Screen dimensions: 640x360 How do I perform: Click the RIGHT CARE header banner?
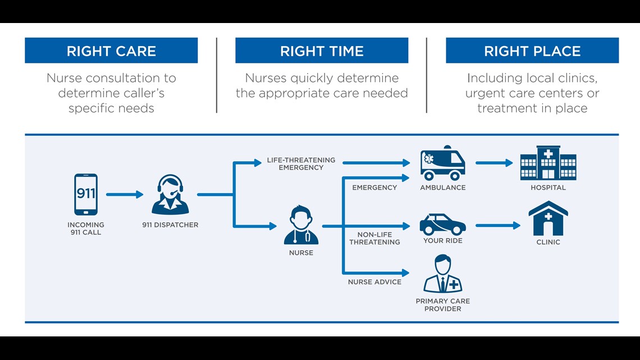[111, 51]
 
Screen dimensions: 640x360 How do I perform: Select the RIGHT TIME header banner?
[322, 51]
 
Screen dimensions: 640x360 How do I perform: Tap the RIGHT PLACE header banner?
[532, 51]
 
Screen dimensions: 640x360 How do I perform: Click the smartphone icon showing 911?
[86, 194]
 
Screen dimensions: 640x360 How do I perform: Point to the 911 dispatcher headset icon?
[170, 194]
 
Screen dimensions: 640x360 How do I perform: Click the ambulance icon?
[443, 163]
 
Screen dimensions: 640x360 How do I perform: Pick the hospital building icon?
[548, 163]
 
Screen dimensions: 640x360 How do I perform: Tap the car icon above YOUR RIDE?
[443, 224]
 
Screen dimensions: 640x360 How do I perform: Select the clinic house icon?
[548, 218]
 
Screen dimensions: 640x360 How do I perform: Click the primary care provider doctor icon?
[443, 274]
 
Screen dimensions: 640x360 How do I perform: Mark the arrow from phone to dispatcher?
[125, 194]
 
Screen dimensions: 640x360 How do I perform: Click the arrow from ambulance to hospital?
[494, 163]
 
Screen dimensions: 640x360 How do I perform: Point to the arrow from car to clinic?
[498, 225]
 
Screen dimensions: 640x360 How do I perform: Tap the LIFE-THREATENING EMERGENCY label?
[301, 163]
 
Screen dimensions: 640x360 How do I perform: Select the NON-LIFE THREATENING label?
[374, 238]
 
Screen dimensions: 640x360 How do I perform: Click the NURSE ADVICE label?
[374, 282]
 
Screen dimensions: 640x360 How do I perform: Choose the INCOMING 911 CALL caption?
[86, 229]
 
